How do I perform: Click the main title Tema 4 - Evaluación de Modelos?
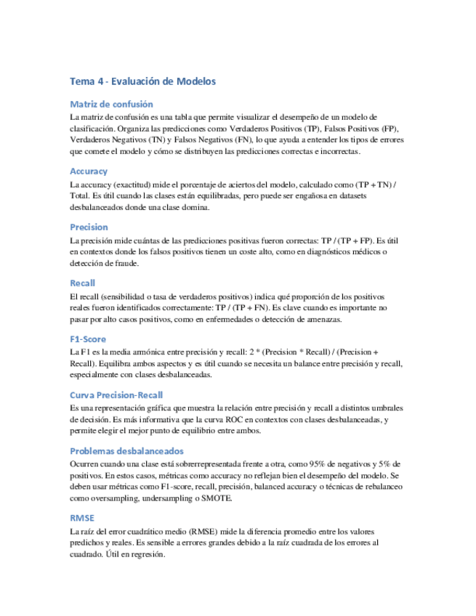[143, 81]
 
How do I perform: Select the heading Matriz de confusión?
[111, 104]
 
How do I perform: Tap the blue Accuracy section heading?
[89, 171]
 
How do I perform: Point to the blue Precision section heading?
[89, 227]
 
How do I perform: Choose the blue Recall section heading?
[83, 283]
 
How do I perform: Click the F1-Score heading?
[88, 339]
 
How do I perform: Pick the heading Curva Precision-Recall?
[116, 394]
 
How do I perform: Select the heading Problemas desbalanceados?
[126, 450]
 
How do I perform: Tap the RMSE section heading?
[82, 518]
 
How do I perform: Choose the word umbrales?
[384, 408]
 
